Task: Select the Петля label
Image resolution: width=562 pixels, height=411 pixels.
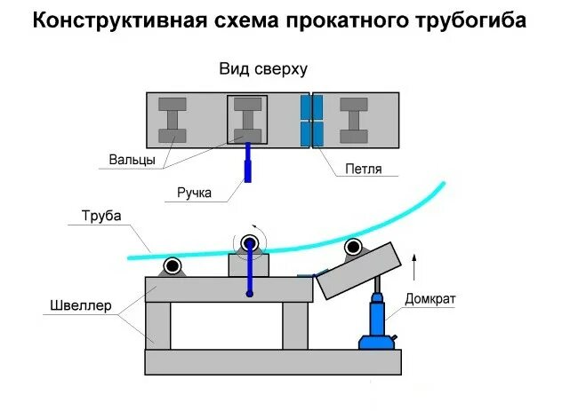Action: click(358, 168)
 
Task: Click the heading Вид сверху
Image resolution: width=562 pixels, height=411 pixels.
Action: click(263, 69)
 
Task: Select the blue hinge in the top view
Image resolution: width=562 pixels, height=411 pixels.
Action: click(310, 121)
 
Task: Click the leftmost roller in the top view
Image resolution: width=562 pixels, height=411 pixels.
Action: click(173, 120)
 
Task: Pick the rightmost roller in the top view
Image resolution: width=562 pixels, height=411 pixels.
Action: click(356, 121)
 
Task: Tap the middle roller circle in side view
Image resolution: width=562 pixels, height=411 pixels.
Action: click(250, 242)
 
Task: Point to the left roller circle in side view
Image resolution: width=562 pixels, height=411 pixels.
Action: click(173, 265)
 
